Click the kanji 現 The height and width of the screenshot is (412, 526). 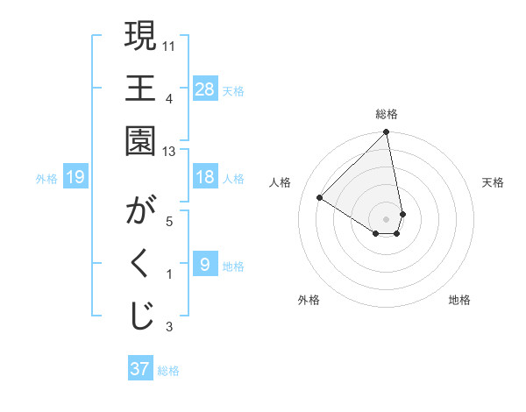(140, 38)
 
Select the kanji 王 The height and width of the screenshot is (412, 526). (140, 89)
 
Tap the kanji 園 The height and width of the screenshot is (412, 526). (140, 139)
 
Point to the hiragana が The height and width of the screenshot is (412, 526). (140, 213)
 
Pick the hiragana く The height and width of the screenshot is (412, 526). (140, 264)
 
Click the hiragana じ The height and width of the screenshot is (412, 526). (140, 316)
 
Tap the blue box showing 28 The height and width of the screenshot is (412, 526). (205, 89)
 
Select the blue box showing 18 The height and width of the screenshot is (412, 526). (205, 177)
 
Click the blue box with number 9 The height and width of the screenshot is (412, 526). (205, 265)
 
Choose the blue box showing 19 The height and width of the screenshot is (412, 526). (75, 178)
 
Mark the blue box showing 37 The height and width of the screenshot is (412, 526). (140, 369)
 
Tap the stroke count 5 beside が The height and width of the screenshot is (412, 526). (169, 221)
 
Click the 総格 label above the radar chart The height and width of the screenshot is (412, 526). (387, 114)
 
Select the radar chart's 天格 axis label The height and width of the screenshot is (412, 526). (493, 182)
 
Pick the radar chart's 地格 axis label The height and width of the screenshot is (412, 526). (459, 300)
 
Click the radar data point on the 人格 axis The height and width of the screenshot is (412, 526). (320, 198)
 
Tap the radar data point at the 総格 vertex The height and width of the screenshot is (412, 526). (387, 133)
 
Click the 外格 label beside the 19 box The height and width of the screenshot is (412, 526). (46, 179)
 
